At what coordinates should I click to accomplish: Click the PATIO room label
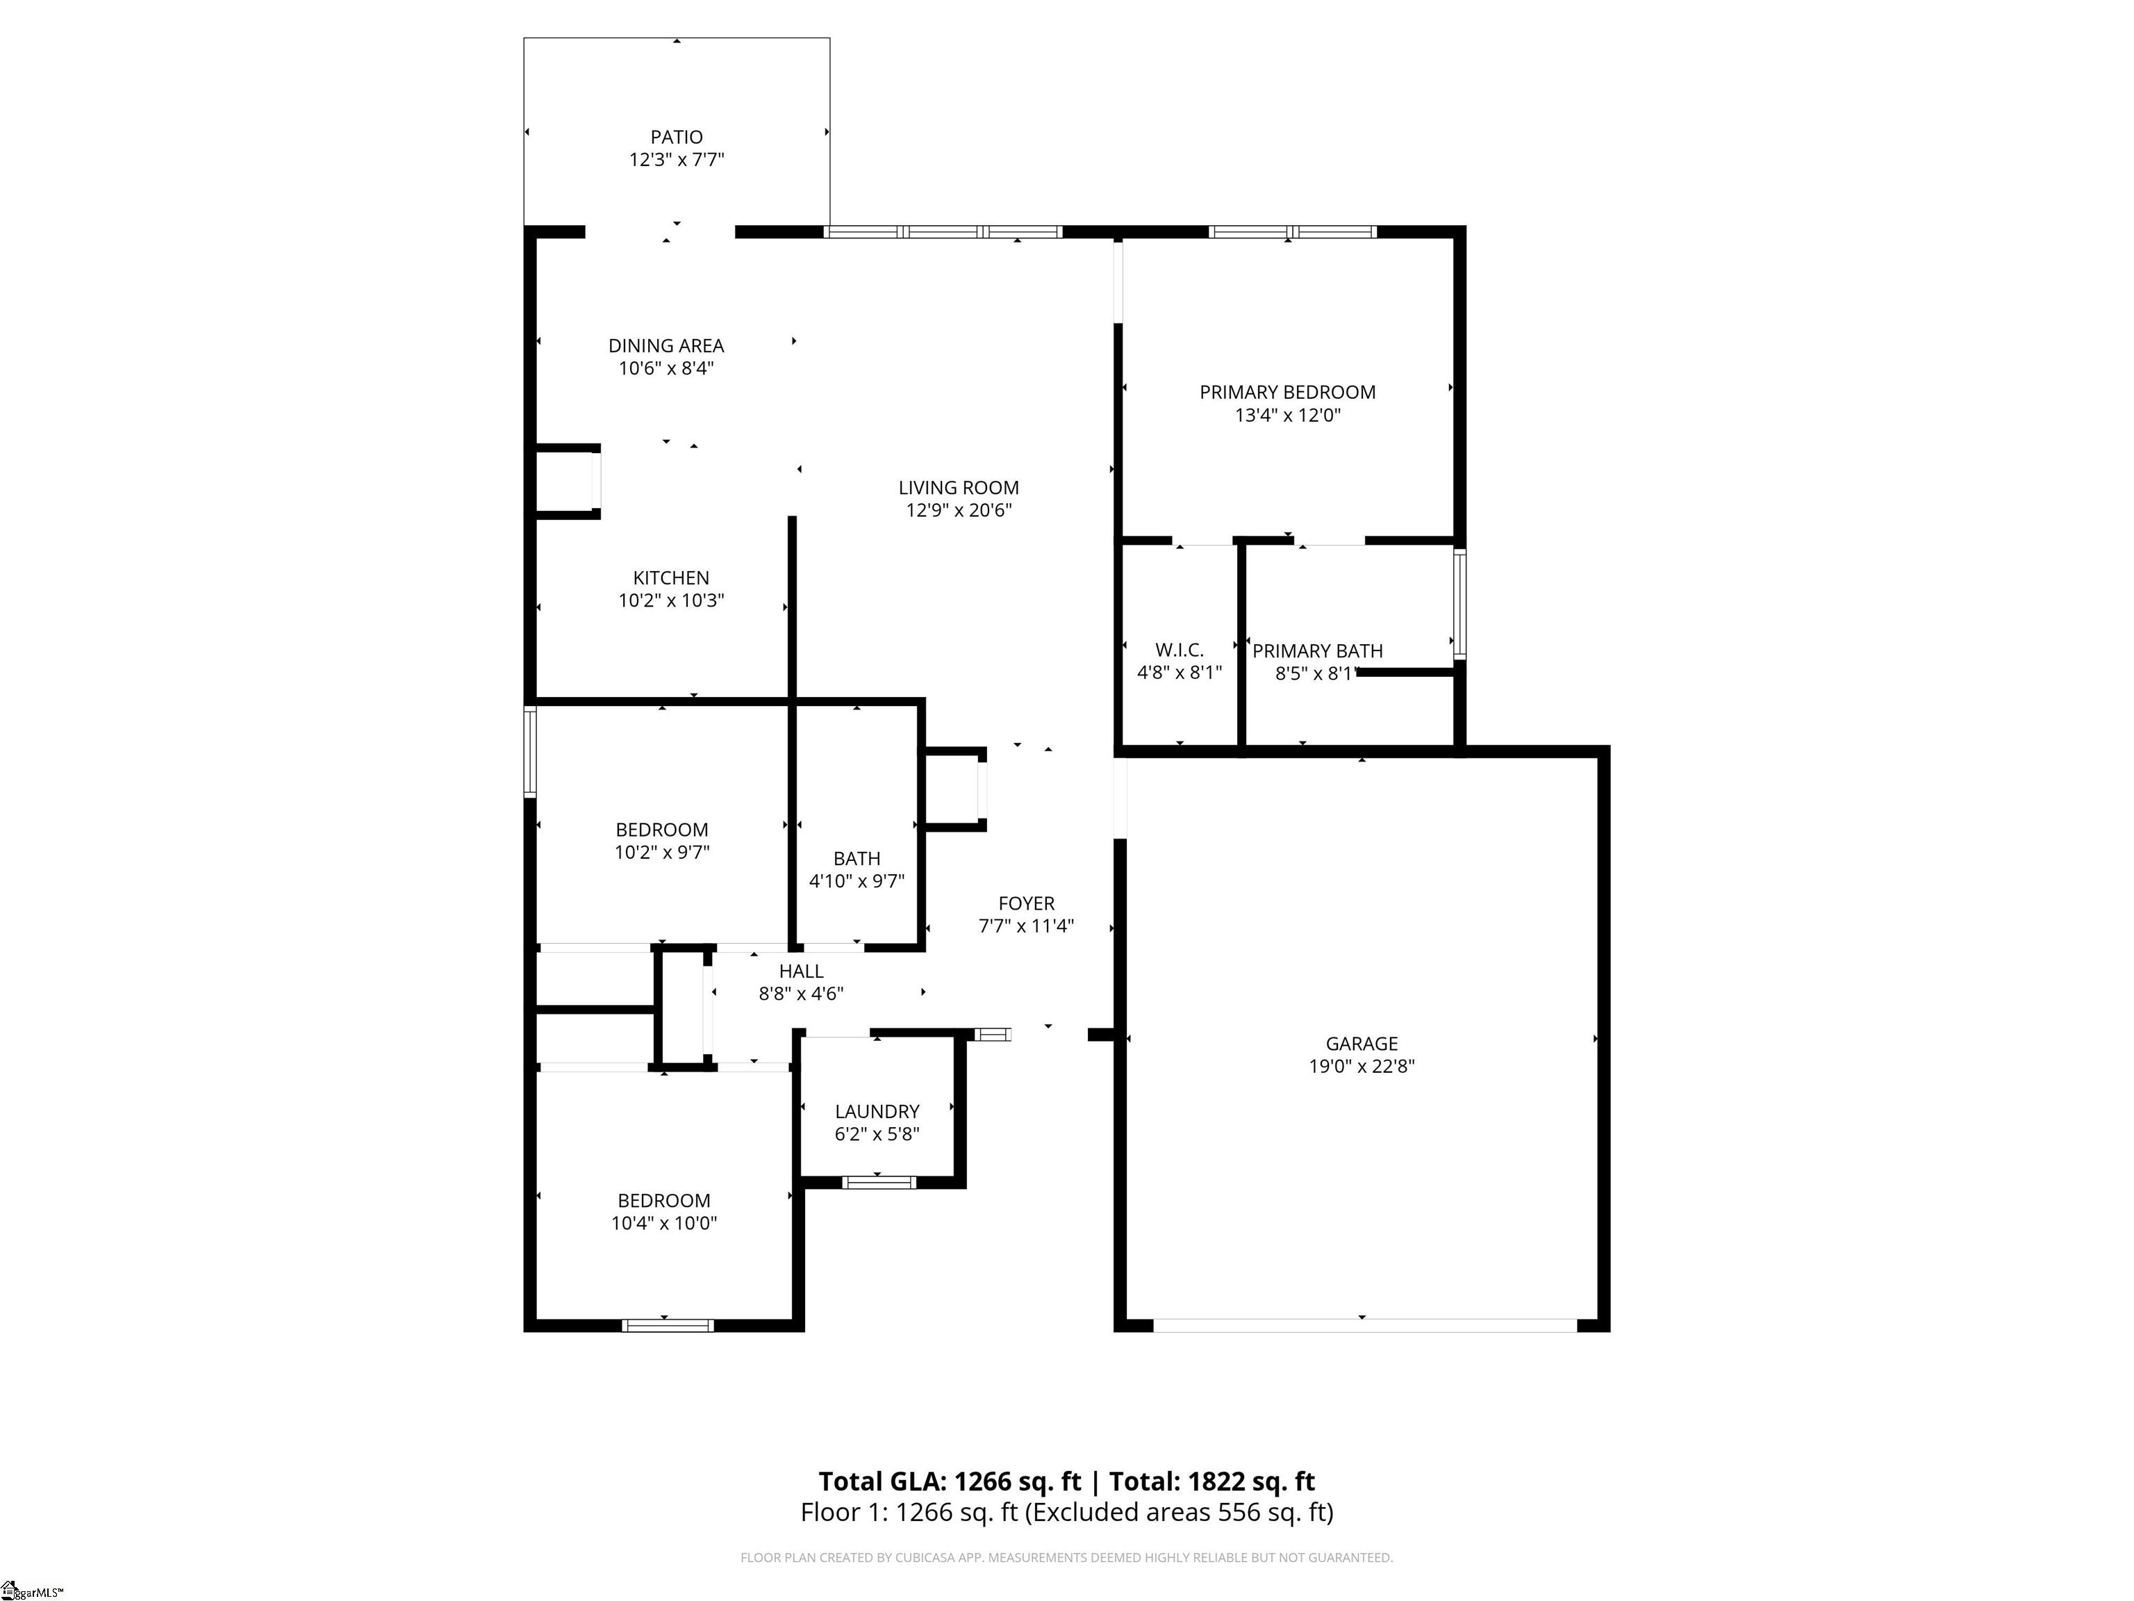click(x=677, y=137)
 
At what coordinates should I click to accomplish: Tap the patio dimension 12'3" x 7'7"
click(x=677, y=159)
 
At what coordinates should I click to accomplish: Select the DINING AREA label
click(x=665, y=345)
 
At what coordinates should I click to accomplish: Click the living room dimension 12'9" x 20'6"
click(x=958, y=511)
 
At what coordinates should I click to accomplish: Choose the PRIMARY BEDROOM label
click(x=1287, y=392)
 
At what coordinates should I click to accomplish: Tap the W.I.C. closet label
click(x=1179, y=650)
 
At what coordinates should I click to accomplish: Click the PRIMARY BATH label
click(x=1317, y=651)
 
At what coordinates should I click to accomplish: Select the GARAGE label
click(x=1362, y=1043)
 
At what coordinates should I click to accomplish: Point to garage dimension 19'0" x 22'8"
click(x=1362, y=1067)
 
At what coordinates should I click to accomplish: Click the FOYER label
click(x=1025, y=903)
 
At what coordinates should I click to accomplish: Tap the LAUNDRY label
click(x=877, y=1112)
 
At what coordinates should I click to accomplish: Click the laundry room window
click(x=878, y=1182)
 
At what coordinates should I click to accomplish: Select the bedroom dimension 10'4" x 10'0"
click(x=663, y=1224)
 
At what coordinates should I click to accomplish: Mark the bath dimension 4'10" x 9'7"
click(x=857, y=881)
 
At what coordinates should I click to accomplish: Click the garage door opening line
click(x=1364, y=1326)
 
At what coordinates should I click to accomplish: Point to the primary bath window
click(x=1459, y=604)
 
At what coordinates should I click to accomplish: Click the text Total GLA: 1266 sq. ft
click(x=950, y=1481)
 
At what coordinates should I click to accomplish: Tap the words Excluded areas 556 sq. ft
click(x=1178, y=1512)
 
